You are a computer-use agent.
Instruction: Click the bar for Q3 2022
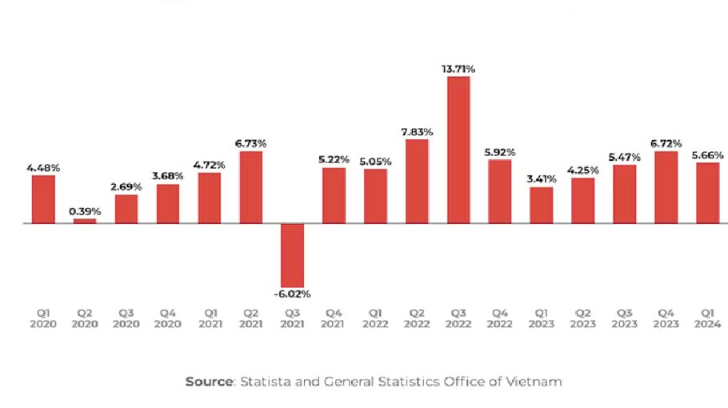coord(458,150)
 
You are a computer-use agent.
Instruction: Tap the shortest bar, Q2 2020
coord(85,221)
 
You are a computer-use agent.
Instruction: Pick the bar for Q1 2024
coord(707,193)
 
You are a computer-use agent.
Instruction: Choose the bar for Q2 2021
coord(251,187)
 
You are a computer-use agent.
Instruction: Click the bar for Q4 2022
coord(500,191)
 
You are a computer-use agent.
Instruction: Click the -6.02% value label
coord(293,294)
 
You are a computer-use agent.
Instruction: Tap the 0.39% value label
coord(85,211)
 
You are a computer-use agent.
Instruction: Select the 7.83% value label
coord(417,132)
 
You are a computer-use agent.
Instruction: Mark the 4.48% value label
coord(43,168)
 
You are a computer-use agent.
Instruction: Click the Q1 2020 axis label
coord(43,319)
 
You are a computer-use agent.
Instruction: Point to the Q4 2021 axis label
coord(334,319)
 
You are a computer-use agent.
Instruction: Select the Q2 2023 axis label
coord(583,319)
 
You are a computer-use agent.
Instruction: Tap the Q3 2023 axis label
coord(625,319)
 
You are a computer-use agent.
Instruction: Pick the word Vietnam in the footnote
coord(538,382)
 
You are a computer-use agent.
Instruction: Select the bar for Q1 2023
coord(542,205)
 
